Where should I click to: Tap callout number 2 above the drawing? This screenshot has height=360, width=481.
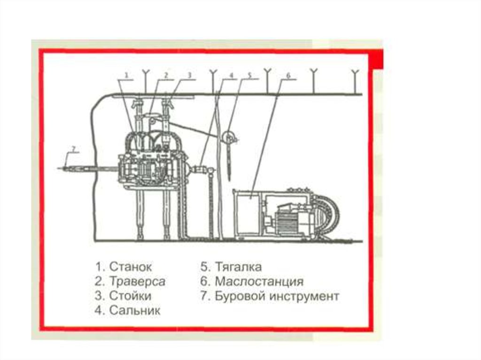(x=166, y=74)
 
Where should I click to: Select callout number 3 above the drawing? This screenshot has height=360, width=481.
(x=189, y=74)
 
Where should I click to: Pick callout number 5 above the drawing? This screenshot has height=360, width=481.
(x=250, y=74)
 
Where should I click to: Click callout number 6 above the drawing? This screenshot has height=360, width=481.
(x=288, y=75)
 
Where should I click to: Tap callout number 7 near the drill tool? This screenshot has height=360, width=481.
(x=72, y=149)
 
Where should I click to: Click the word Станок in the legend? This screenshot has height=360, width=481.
(x=130, y=267)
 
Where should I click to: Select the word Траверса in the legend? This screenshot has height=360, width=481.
(x=137, y=282)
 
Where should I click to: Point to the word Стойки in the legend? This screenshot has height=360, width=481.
(x=130, y=296)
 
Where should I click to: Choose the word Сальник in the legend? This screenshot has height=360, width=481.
(x=134, y=311)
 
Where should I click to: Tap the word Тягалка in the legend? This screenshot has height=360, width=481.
(x=238, y=267)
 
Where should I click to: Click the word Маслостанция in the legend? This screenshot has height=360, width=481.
(x=259, y=282)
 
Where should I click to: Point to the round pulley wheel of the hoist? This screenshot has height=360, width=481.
(x=229, y=138)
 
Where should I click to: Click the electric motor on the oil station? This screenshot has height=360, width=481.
(x=286, y=221)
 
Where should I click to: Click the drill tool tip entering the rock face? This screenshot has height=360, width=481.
(x=63, y=168)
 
